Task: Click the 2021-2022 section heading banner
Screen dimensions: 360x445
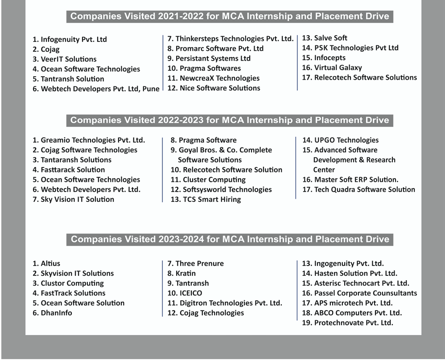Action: point(230,16)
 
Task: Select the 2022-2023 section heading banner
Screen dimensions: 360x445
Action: point(230,120)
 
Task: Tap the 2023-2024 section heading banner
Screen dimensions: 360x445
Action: point(230,239)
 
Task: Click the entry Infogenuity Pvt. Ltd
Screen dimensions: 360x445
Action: point(70,39)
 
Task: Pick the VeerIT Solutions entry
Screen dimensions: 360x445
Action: point(65,59)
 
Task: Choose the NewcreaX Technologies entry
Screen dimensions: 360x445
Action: point(214,78)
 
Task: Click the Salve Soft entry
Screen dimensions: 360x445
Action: point(325,38)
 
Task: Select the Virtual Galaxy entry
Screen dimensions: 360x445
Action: point(332,68)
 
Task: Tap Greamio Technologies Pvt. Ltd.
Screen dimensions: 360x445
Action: point(89,140)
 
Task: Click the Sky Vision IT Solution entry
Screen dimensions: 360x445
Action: point(74,199)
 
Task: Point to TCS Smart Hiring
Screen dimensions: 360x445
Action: point(206,199)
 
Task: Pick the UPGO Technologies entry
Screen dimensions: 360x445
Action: point(341,140)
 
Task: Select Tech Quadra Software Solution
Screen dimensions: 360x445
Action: point(359,189)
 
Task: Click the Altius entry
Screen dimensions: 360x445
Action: point(46,263)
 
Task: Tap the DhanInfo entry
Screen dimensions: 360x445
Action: point(52,313)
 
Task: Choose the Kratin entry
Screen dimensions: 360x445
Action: point(181,273)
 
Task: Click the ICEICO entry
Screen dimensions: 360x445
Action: point(185,293)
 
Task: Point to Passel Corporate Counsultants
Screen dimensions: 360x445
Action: point(360,293)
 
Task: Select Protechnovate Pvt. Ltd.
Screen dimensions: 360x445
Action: point(348,323)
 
